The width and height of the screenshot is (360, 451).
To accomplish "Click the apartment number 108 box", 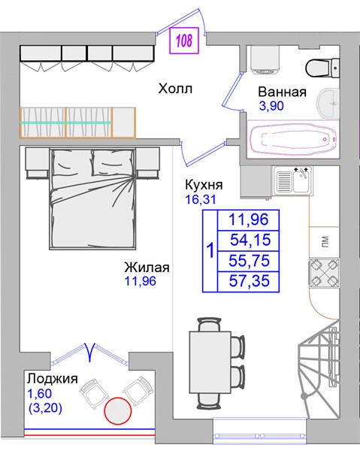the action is click(184, 41).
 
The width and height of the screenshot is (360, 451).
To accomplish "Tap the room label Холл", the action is click(175, 89).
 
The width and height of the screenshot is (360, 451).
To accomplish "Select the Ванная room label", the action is click(282, 92).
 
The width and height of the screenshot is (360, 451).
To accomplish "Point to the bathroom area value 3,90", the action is click(271, 106).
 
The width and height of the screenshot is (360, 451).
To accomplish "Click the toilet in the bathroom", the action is click(322, 68).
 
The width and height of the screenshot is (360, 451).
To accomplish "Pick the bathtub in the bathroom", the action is click(292, 139).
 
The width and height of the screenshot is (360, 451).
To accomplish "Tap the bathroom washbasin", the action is click(328, 103).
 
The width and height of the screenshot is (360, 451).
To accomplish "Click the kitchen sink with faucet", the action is click(293, 180).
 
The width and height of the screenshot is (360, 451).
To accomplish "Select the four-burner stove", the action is click(325, 273).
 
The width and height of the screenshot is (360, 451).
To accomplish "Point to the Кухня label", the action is click(204, 185).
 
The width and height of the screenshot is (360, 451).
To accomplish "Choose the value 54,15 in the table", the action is click(250, 240).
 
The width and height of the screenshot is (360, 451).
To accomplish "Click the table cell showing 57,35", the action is click(250, 280).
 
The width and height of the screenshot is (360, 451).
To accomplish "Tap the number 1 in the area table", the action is click(210, 250).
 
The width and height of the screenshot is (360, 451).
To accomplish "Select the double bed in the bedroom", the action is click(92, 198).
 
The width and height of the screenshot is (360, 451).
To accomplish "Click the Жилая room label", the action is click(147, 268).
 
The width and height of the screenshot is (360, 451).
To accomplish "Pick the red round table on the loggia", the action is click(118, 410).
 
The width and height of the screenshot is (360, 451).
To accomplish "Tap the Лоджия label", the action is click(53, 379).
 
